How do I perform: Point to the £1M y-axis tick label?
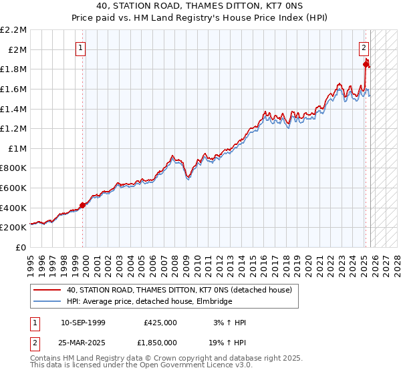point(17,148)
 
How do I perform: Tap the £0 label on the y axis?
point(21,247)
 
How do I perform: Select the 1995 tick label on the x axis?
point(30,261)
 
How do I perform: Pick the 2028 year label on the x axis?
point(393,261)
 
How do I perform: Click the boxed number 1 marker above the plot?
point(80,47)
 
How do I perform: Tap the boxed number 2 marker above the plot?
point(364,47)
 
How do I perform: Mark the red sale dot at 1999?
point(82,205)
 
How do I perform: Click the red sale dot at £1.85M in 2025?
point(366,64)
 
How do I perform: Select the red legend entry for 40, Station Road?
point(179,291)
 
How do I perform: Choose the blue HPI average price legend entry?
point(149,302)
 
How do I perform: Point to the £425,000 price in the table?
point(160,323)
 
